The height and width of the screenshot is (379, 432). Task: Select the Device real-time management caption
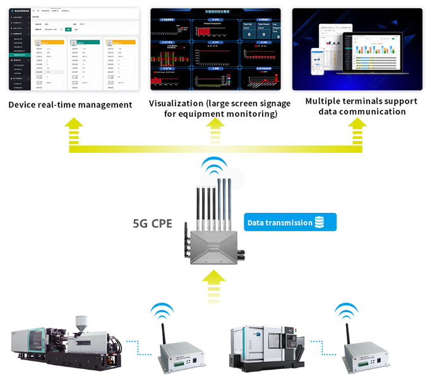[x=70, y=104]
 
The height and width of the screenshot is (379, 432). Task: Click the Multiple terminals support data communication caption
[x=361, y=106]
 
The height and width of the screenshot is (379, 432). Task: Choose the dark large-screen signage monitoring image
[x=215, y=49]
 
